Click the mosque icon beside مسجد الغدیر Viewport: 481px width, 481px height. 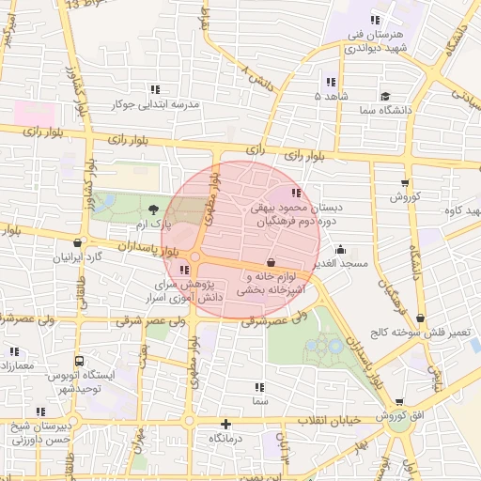(339, 251)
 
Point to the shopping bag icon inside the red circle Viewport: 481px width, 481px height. (271, 262)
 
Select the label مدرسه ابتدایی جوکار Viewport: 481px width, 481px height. (155, 104)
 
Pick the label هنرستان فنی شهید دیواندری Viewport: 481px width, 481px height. (376, 41)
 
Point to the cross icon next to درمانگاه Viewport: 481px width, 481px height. (225, 424)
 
